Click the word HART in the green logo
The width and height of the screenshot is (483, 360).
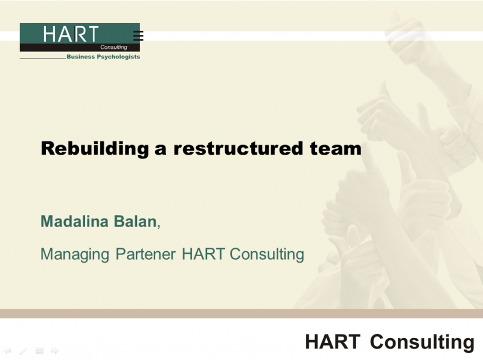pos(71,34)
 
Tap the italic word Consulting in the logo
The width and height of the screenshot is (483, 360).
pos(114,47)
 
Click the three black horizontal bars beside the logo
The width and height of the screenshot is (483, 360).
pos(138,36)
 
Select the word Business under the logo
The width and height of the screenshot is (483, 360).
pos(81,57)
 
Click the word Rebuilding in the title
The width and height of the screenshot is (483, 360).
pos(95,149)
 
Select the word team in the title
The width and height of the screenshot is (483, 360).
pos(336,149)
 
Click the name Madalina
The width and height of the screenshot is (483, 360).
pos(74,221)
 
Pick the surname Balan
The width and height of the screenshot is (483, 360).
pos(135,221)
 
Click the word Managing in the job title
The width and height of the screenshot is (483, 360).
pos(75,254)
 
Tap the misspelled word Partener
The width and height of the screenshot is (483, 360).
pos(146,254)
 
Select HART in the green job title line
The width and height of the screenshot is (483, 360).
pos(203,254)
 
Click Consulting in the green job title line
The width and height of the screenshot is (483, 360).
pos(267,254)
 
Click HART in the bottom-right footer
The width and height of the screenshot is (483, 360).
pos(333,341)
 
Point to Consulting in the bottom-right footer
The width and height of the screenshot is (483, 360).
pos(422,342)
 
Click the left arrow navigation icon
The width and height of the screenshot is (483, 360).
pos(7,350)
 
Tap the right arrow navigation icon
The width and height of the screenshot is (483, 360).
pos(55,350)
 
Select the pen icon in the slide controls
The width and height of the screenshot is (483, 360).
pos(23,351)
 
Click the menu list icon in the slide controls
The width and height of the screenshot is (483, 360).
pos(39,351)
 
